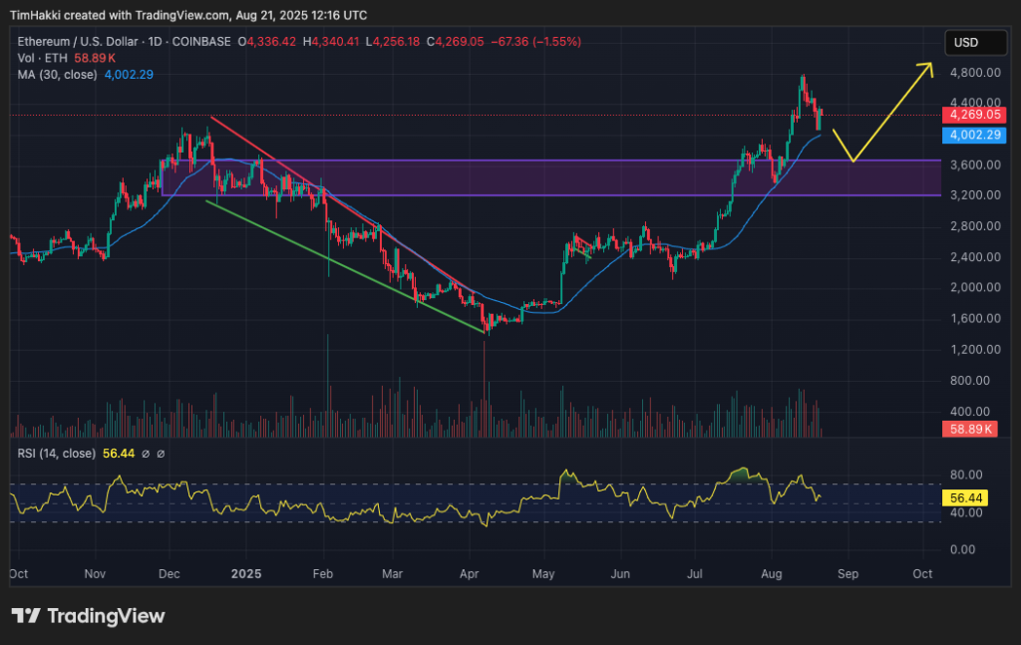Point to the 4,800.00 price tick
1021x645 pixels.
(x=971, y=73)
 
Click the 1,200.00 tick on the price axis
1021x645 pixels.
(x=971, y=349)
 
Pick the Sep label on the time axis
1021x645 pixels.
(x=848, y=574)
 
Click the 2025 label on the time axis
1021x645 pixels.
(x=245, y=574)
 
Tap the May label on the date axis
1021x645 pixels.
(x=543, y=574)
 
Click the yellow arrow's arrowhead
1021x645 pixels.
(x=928, y=66)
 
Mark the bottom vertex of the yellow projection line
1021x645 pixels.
(x=851, y=161)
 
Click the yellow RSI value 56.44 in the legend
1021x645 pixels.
(x=119, y=454)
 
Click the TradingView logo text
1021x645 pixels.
(x=106, y=615)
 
